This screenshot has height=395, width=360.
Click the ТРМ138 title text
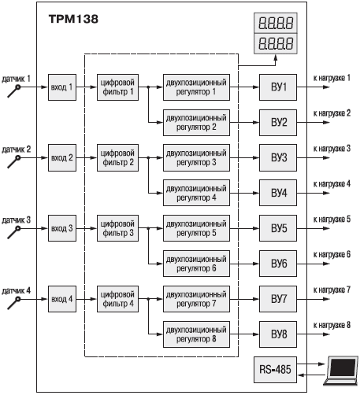tap(73, 19)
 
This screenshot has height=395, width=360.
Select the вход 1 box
tap(62, 87)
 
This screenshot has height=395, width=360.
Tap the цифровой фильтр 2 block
tap(117, 157)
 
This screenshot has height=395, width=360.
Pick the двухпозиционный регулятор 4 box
tap(196, 193)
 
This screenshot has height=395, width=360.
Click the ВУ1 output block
tap(278, 87)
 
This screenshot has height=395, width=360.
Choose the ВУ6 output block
tap(278, 264)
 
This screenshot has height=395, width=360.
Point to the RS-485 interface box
tap(275, 370)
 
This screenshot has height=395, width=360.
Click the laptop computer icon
tap(341, 371)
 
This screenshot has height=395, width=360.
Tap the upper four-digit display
tap(276, 23)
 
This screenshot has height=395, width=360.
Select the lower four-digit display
tap(276, 43)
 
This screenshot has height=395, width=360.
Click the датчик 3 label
tap(17, 220)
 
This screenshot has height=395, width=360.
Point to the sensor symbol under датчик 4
tap(14, 303)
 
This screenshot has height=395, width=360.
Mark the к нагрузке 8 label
tap(332, 325)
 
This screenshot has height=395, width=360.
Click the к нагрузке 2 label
tap(332, 113)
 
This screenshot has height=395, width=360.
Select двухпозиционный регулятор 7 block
tap(196, 299)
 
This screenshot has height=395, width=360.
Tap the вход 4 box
tap(62, 299)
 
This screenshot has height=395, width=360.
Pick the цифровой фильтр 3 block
tap(117, 228)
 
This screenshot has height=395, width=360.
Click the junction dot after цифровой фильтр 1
tap(148, 87)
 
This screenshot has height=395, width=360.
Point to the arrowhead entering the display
tap(276, 57)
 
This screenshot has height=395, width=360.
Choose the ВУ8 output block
tap(278, 334)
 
